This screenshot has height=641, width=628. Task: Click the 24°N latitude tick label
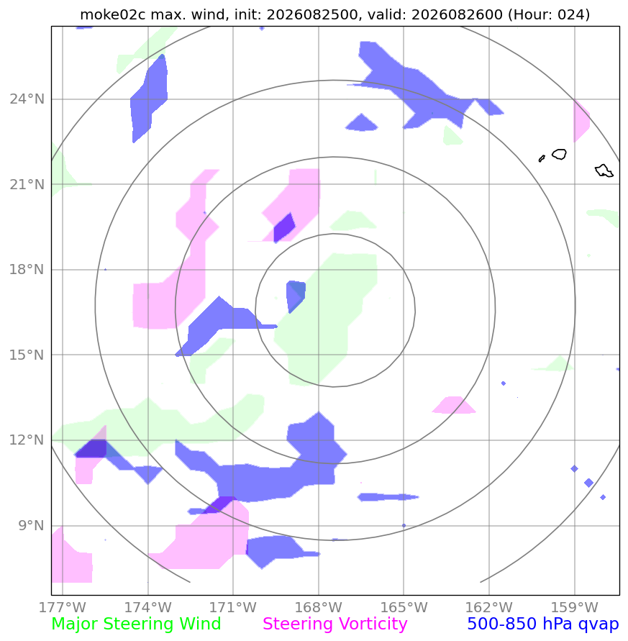tap(27, 99)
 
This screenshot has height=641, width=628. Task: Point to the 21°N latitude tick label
tap(27, 184)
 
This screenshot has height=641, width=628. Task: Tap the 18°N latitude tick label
tap(27, 269)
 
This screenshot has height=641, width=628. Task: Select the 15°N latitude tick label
tap(27, 355)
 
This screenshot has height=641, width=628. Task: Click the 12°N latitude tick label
tap(27, 440)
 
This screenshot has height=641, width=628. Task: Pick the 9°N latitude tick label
tap(31, 525)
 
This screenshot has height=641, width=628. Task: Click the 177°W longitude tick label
tap(63, 607)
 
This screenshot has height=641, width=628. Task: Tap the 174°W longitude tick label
tap(147, 607)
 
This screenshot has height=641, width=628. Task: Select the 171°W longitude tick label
tap(233, 607)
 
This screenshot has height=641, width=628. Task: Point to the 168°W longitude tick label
tap(319, 607)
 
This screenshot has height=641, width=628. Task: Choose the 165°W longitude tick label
tap(404, 607)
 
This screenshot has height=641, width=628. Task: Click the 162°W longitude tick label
tap(489, 607)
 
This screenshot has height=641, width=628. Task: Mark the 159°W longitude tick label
tap(575, 607)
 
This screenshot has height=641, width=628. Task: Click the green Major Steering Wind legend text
tap(136, 624)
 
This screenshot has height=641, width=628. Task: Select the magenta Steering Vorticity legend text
tap(335, 624)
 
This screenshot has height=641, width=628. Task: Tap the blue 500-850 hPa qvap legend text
tap(543, 624)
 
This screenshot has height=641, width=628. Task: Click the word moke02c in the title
tap(112, 14)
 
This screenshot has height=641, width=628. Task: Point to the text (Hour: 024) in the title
tap(549, 14)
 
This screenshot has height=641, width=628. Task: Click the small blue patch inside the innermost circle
tap(296, 295)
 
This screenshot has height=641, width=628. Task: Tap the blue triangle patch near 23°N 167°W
tap(361, 123)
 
